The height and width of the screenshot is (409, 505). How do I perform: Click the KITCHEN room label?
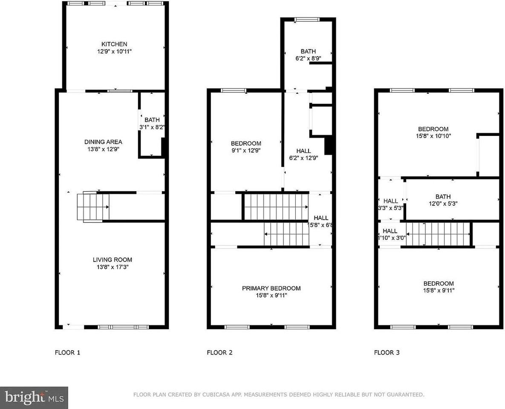tap(114, 44)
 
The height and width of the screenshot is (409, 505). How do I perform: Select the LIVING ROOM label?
tap(113, 259)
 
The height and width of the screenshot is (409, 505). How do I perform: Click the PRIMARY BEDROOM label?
tap(271, 288)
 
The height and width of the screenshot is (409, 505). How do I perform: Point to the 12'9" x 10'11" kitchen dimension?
tap(114, 52)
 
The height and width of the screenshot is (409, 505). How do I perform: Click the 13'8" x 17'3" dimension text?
tap(113, 267)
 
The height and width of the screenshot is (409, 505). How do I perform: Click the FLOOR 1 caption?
tap(67, 352)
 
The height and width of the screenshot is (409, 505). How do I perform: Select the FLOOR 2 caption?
tap(219, 352)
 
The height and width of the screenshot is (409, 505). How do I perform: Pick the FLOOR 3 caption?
tap(387, 352)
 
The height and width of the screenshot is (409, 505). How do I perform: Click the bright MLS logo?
tap(34, 398)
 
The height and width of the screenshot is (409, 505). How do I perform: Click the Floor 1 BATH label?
tap(152, 120)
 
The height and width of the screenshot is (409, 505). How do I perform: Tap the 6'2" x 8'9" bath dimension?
tap(308, 59)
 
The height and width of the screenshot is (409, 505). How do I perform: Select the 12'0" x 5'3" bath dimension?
tap(443, 204)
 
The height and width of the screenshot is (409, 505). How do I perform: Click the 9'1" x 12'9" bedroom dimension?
tap(246, 150)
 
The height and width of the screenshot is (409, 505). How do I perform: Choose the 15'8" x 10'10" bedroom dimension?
tap(433, 136)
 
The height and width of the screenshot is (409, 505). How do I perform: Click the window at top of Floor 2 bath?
tap(307, 19)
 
